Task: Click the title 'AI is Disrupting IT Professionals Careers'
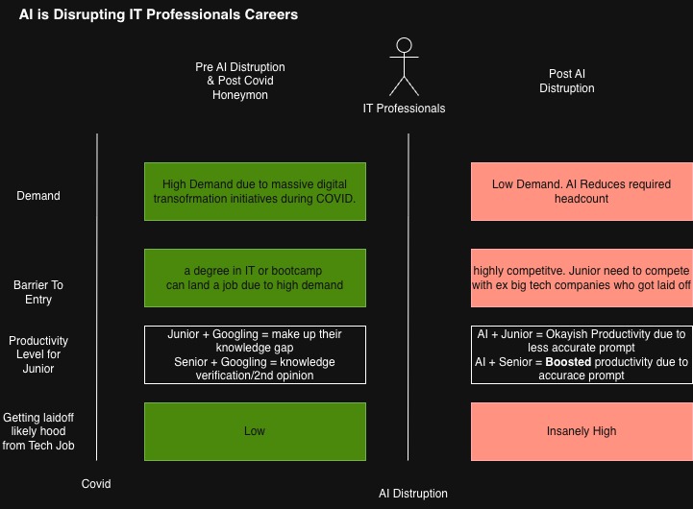coord(159,14)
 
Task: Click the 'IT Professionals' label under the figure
coord(404,109)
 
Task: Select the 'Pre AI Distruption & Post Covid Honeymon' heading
coord(240,81)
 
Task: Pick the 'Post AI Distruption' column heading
coord(566,81)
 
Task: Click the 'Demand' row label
coord(38,196)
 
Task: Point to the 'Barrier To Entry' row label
coord(38,292)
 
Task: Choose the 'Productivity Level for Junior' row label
coord(38,354)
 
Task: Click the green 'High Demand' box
coord(255,191)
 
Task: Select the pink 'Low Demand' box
coord(582,191)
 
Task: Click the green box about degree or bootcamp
coord(255,278)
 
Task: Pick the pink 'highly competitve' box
coord(582,278)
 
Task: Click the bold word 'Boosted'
coord(568,362)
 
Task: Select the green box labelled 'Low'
coord(255,431)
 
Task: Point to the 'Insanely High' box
coord(582,431)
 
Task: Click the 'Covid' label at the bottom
coord(96,484)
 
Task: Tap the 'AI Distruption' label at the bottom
coord(412,494)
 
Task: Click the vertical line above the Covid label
coord(97,297)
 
